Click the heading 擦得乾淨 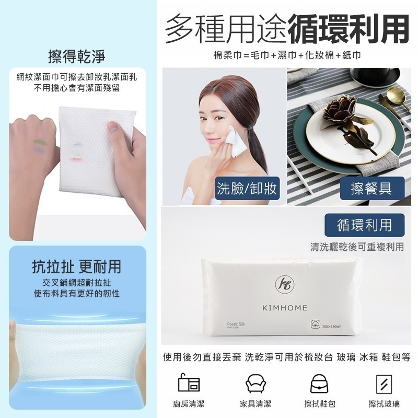76,55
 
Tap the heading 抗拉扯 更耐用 76,267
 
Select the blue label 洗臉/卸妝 247,188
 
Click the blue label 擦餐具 371,188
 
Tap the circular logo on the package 285,284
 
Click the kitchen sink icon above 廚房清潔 189,384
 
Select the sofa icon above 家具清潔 256,384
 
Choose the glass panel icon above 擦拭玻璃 384,384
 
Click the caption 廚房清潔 189,404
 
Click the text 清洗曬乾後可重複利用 357,247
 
